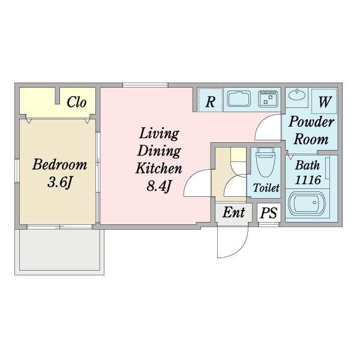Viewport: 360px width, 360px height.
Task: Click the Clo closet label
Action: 76,102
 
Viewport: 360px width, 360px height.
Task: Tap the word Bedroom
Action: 59,164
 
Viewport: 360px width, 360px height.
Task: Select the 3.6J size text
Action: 59,182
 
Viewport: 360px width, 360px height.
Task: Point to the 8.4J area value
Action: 159,186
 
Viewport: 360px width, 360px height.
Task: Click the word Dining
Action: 159,151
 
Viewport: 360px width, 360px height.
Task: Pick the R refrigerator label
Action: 211,102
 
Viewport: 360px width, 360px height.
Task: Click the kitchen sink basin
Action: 239,99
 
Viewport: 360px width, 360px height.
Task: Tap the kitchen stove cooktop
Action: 268,99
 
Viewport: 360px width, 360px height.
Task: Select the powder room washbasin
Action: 296,95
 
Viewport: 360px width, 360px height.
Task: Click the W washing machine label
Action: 325,102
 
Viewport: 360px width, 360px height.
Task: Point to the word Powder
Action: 311,122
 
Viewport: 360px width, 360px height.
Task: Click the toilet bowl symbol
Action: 266,162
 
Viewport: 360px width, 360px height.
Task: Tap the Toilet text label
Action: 266,188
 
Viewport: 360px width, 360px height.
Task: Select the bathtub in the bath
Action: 307,203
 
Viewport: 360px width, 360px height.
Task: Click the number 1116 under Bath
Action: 308,180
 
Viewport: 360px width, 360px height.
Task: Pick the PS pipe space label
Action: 269,213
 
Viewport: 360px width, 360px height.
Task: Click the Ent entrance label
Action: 233,212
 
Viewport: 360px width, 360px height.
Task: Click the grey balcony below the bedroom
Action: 59,250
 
